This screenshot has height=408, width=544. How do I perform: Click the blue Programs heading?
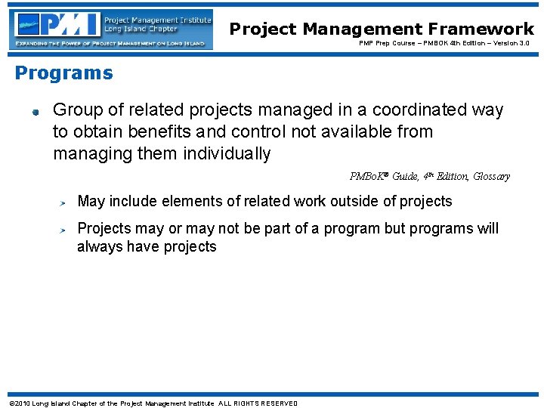[x=64, y=73]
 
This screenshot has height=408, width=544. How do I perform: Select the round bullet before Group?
[x=35, y=113]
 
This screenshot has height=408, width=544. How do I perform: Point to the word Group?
[x=76, y=110]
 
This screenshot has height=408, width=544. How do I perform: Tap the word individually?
[x=227, y=154]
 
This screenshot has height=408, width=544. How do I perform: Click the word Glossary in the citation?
[x=491, y=177]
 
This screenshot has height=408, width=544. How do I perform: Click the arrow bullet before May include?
[x=66, y=202]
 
